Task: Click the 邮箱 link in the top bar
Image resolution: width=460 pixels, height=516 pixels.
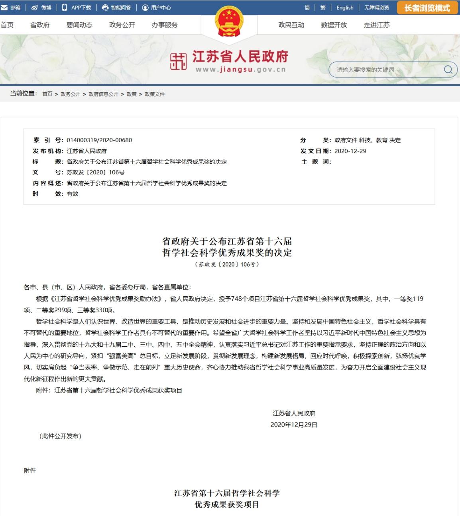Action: [11, 8]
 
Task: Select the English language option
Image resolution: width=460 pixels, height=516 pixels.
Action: [345, 8]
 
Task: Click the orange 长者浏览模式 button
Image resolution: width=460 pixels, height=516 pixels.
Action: [427, 8]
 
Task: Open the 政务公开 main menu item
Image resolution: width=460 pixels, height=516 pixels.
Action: [122, 25]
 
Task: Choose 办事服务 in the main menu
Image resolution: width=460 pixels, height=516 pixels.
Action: [164, 25]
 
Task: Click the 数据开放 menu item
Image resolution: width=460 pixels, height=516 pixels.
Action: [334, 25]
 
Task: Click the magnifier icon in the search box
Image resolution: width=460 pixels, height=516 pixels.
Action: [448, 70]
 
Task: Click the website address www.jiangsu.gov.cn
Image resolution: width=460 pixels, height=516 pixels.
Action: [240, 69]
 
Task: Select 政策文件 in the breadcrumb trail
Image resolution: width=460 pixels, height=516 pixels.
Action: [155, 94]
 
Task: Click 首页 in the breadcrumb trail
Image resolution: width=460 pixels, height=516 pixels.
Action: [47, 94]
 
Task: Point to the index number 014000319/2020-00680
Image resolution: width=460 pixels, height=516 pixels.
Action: [99, 140]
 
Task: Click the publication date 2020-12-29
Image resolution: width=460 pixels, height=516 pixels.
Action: [350, 151]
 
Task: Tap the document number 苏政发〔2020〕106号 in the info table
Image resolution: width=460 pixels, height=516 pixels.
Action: [96, 172]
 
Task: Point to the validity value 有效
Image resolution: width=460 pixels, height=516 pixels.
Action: [73, 194]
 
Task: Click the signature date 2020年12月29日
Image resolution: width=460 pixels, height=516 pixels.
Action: [294, 425]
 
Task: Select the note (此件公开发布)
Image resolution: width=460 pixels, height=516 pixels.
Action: [60, 436]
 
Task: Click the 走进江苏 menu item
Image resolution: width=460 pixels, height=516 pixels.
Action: [376, 25]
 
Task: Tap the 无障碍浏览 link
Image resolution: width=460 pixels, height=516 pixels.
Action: [376, 8]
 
